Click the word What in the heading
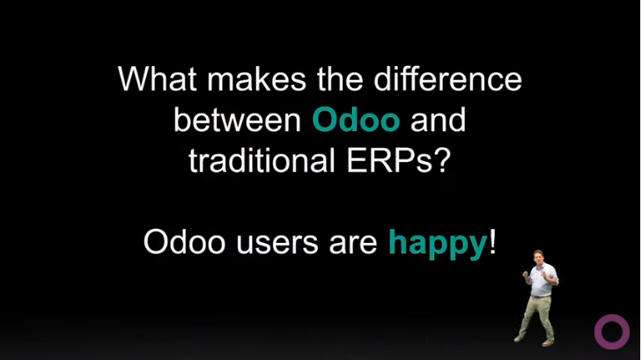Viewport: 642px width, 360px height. point(158,78)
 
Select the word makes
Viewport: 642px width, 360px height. point(257,78)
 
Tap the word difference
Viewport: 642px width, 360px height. point(448,78)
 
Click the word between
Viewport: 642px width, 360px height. point(238,120)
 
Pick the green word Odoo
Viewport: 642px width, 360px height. point(356,120)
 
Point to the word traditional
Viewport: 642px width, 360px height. point(262,160)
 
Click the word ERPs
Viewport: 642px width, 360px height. point(389,160)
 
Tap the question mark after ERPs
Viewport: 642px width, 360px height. point(442,160)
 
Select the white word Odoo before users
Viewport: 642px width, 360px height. point(185,242)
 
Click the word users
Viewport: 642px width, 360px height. point(277,245)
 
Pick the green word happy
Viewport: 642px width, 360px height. point(438,245)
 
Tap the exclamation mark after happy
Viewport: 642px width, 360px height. point(492,242)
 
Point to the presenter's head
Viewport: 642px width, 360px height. point(538,256)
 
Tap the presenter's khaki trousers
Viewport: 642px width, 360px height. point(536,316)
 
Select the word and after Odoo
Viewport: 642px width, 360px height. point(438,120)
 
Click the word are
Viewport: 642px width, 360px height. point(353,245)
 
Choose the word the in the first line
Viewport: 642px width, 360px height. point(340,78)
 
